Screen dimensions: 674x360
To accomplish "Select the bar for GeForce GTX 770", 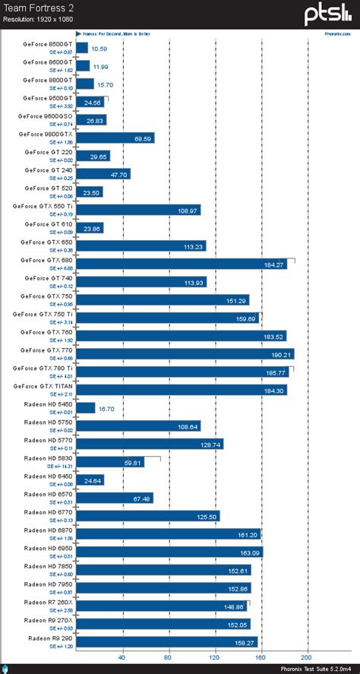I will coord(185,354).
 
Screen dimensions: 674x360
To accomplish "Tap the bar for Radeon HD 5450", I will coord(86,408).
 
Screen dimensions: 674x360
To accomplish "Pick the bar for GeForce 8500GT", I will coord(83,48).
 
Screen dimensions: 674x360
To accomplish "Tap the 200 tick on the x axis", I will coord(307,657).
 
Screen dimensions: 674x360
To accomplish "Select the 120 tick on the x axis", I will coord(215,657).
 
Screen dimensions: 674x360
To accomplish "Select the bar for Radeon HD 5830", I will coord(110,462).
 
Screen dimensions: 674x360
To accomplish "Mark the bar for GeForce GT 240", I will coord(103,174).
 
